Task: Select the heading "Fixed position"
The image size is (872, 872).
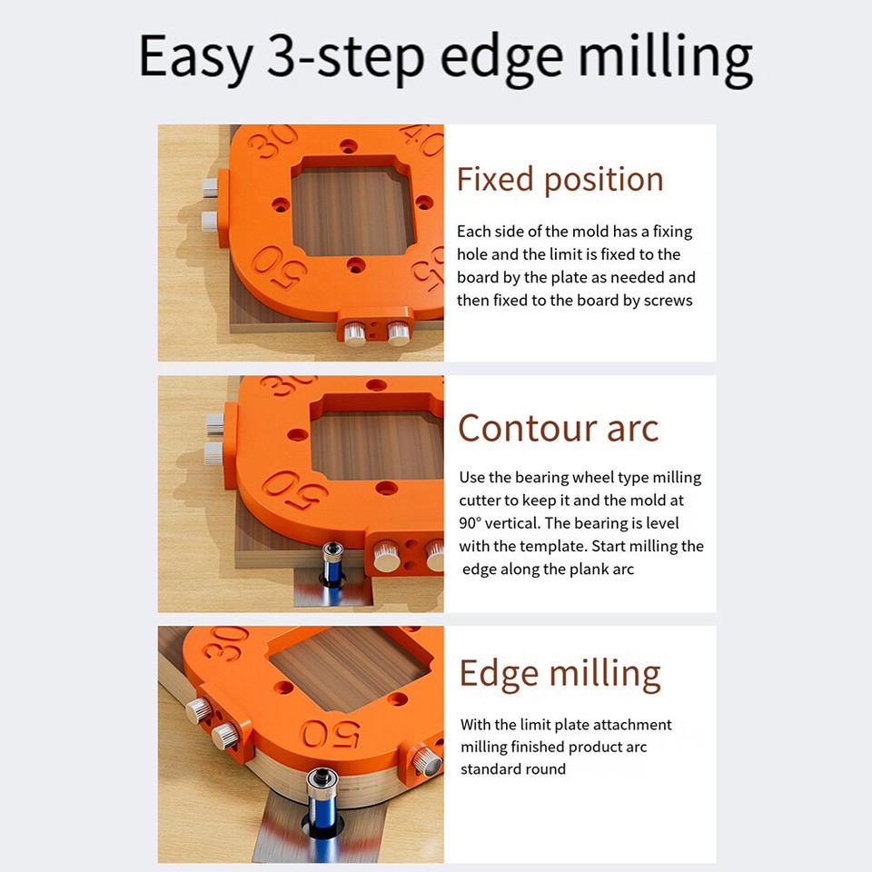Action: [x=560, y=180]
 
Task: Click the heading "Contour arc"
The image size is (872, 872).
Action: [x=558, y=428]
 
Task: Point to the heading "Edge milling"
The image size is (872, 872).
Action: [x=560, y=674]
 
